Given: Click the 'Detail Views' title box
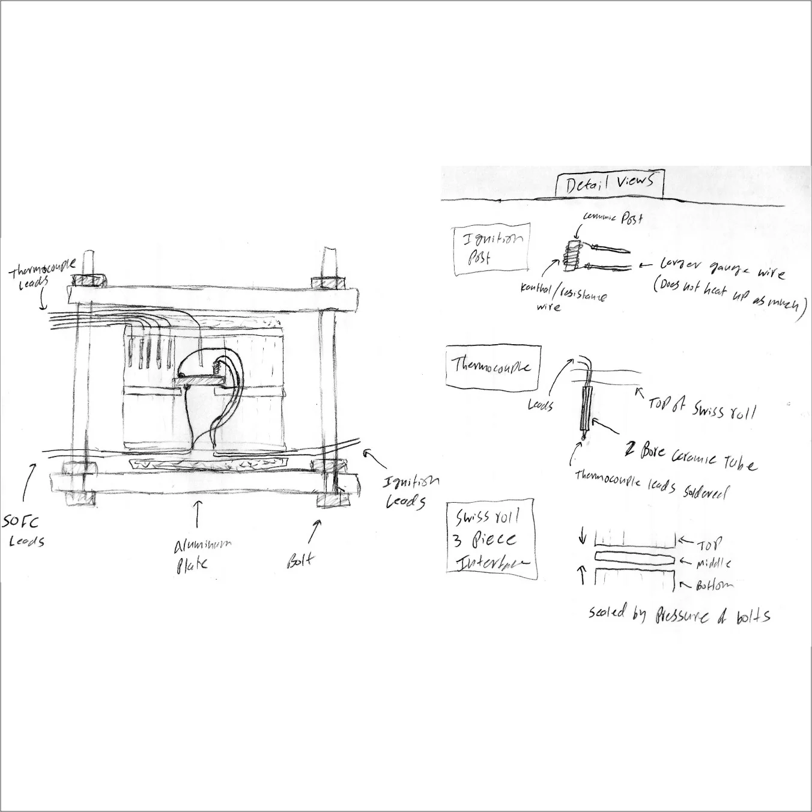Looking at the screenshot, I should click(x=610, y=184).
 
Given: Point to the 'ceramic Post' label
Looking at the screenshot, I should click(x=613, y=219).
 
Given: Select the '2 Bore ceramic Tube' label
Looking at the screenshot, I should click(x=691, y=456).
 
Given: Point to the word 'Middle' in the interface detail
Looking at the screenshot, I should click(x=713, y=563).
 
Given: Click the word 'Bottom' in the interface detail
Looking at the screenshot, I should click(x=714, y=584).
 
